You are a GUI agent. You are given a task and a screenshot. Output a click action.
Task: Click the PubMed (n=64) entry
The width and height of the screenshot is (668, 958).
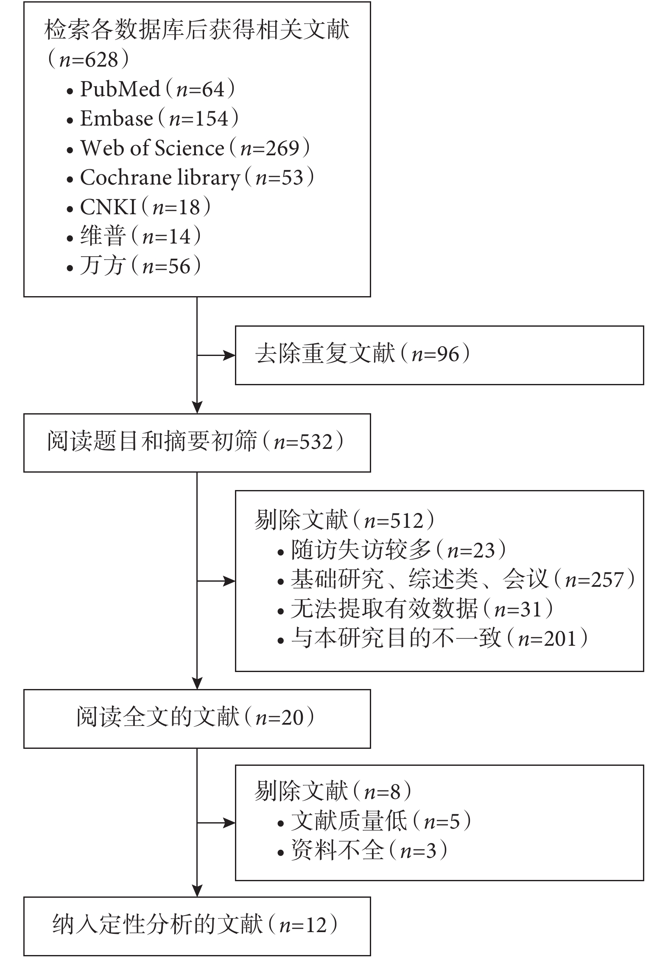tap(151, 89)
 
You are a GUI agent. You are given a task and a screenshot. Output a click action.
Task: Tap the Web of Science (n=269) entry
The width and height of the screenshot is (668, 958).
tap(188, 148)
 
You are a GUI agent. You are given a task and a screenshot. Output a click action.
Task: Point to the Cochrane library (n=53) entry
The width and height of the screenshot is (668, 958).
tap(190, 178)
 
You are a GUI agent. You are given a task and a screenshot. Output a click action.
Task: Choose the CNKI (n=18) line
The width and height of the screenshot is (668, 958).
tap(139, 207)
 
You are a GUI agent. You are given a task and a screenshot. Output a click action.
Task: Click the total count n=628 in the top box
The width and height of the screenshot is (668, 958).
tap(88, 60)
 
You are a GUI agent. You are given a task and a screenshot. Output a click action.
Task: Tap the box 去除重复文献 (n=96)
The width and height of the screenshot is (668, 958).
tap(439, 355)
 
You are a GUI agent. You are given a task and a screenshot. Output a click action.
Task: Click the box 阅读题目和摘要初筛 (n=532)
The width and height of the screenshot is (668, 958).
tap(197, 443)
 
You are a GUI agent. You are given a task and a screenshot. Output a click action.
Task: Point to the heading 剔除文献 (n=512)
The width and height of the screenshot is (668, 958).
tap(345, 521)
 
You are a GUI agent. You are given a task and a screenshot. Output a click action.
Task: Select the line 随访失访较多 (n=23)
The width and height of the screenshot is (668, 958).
tap(392, 550)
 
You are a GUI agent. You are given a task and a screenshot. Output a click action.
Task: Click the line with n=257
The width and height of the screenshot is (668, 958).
tap(456, 580)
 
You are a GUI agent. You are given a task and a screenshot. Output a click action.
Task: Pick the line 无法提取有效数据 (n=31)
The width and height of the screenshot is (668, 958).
tap(416, 609)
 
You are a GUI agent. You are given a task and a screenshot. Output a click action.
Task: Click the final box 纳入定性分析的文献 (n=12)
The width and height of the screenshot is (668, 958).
tap(197, 926)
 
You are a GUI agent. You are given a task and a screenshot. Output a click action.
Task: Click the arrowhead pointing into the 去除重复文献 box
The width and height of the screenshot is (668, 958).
tap(229, 355)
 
